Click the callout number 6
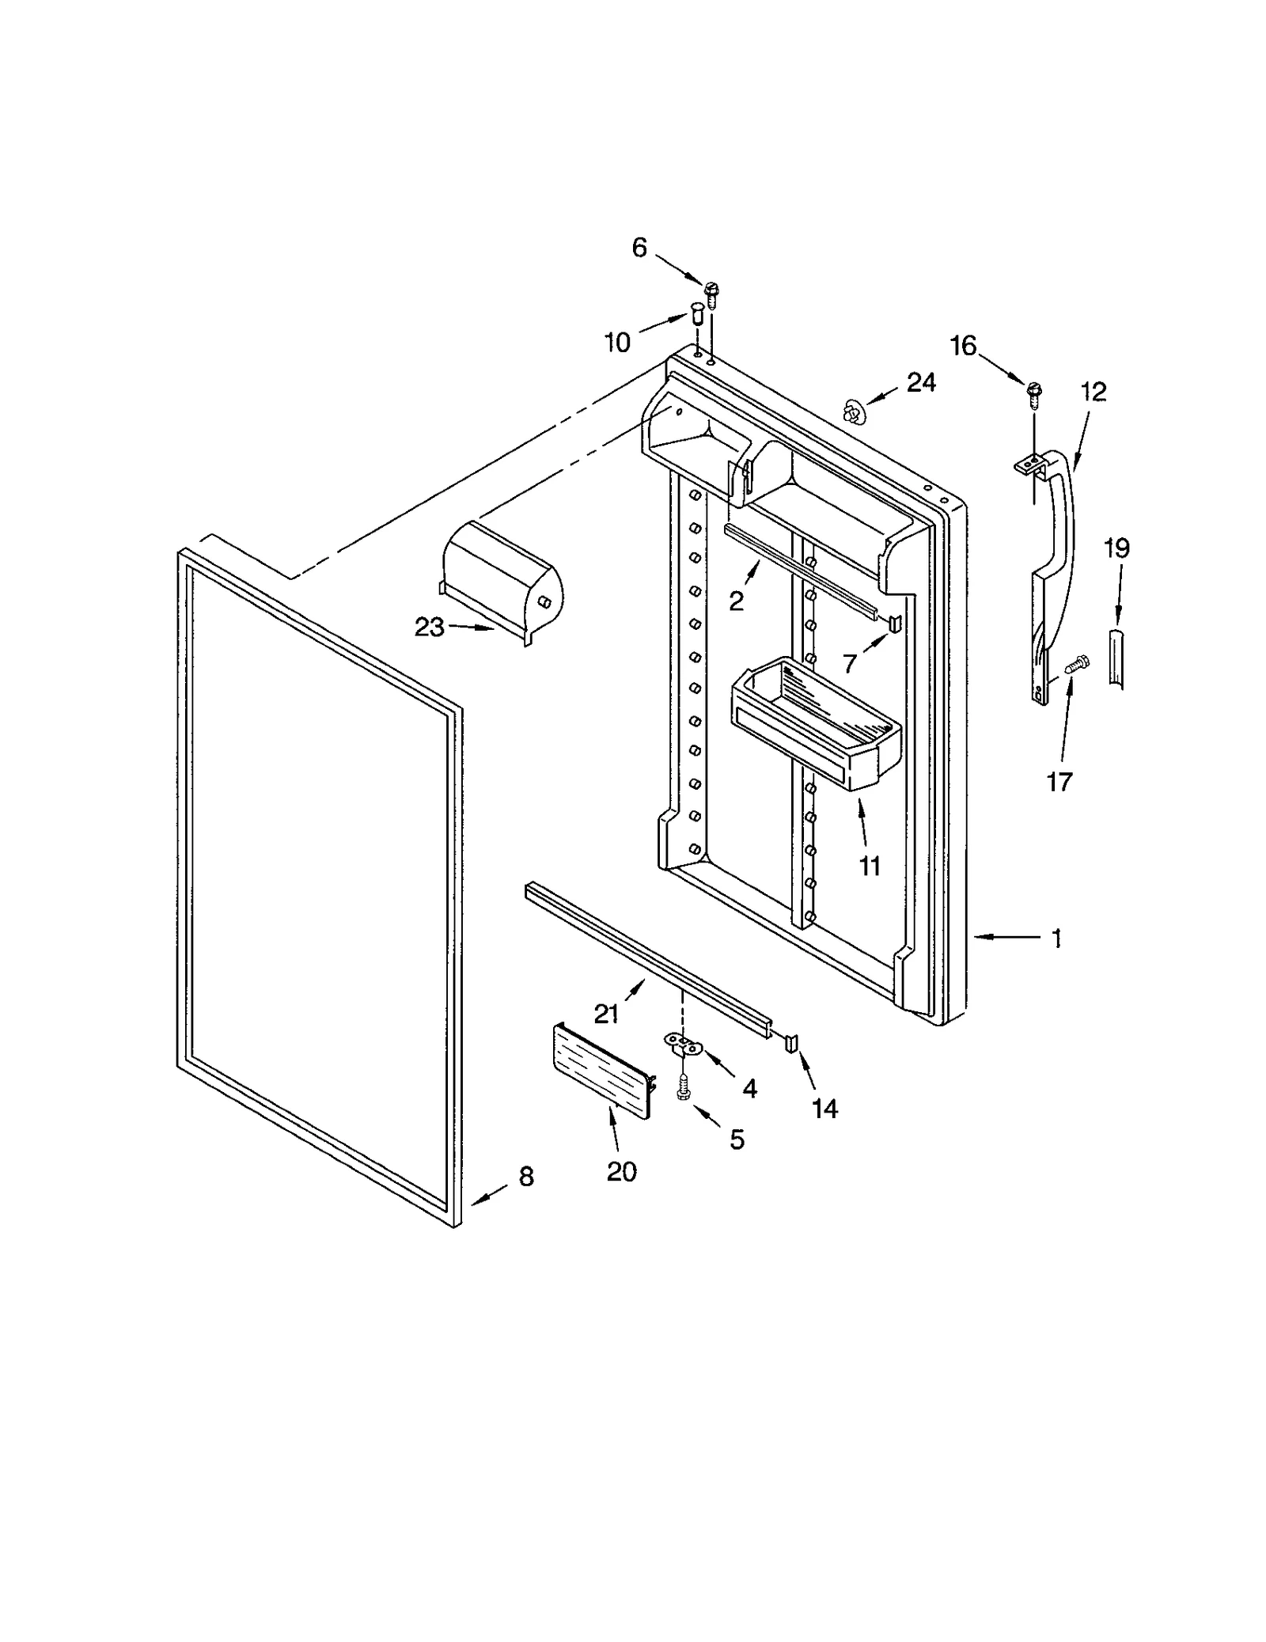(639, 248)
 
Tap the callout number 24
(921, 383)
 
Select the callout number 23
(430, 627)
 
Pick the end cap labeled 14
(792, 1043)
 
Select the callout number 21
(606, 1014)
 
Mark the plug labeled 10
(697, 313)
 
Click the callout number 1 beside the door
(1056, 939)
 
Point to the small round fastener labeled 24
(851, 410)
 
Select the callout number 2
(736, 601)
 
